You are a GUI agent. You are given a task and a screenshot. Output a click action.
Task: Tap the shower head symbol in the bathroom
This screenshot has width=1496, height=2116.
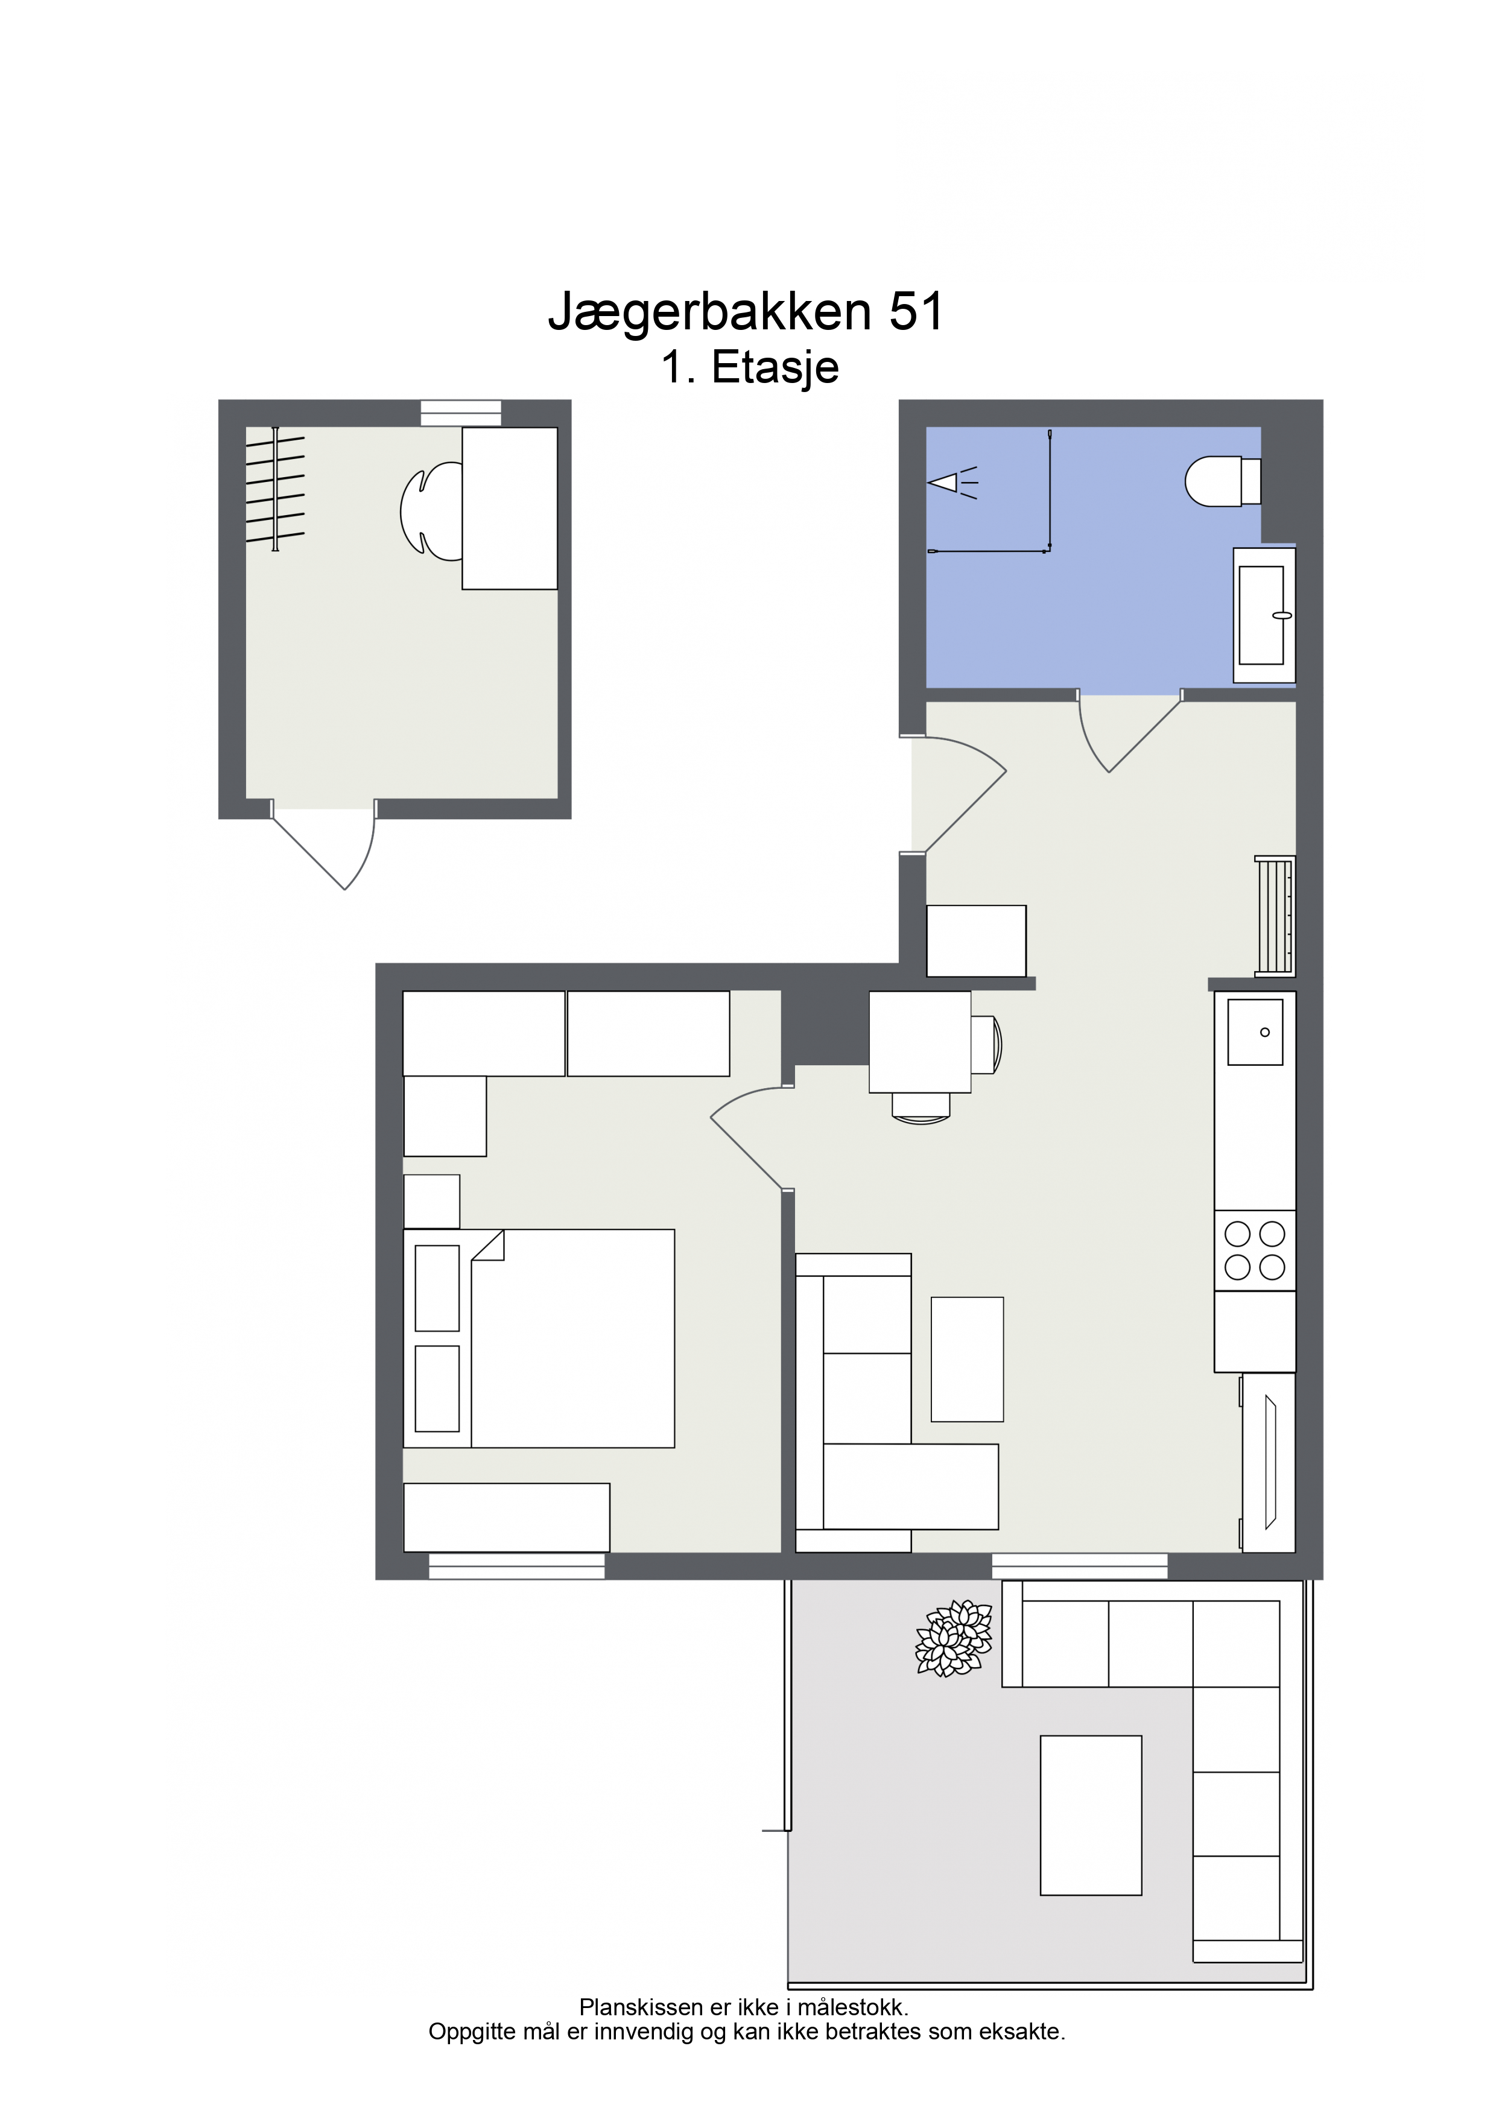click(952, 482)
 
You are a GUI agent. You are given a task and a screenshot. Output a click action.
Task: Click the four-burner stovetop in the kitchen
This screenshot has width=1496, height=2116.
click(1255, 1250)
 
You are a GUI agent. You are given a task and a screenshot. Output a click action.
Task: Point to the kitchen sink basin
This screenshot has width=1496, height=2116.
click(1255, 1032)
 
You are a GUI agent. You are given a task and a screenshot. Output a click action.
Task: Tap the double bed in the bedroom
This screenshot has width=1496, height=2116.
click(539, 1338)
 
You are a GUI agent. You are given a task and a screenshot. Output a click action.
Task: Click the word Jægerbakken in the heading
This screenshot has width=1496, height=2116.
click(710, 313)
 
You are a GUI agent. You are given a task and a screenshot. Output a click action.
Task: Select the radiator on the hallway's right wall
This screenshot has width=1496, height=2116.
click(1275, 916)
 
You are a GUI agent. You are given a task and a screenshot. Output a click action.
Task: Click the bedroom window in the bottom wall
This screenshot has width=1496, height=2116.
click(517, 1566)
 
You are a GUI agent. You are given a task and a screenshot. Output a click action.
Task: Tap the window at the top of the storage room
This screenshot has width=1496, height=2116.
click(461, 413)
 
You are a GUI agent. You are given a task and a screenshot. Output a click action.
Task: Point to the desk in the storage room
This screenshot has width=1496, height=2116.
click(510, 508)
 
